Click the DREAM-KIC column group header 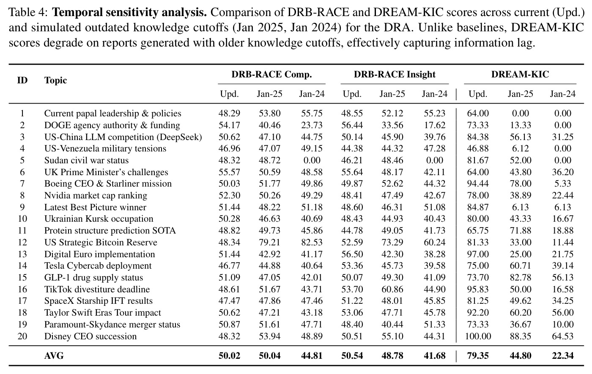point(520,74)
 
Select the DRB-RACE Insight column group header point(395,74)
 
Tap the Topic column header point(55,80)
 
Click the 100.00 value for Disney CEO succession point(478,336)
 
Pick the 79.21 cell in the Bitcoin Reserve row point(270,242)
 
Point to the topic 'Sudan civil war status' point(86,160)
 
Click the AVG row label point(54,356)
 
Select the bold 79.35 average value point(478,356)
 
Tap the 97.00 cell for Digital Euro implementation point(478,254)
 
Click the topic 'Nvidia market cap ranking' point(96,195)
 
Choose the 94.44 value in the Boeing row point(478,184)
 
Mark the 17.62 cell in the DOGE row point(435,125)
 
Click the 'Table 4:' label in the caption point(28,12)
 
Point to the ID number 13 point(22,254)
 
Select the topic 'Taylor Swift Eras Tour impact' point(102,313)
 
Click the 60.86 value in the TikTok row point(392,289)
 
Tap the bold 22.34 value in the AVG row point(563,356)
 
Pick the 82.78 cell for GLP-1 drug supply point(521,278)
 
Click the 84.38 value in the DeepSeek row point(478,137)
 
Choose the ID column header point(22,80)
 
